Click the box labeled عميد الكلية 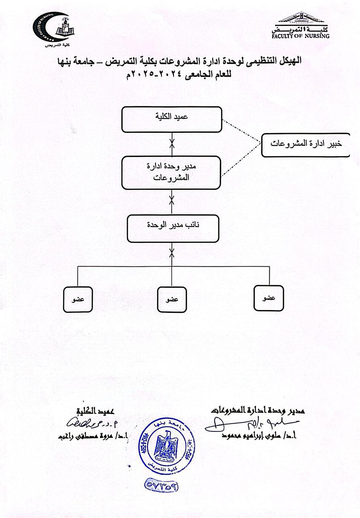[172, 119]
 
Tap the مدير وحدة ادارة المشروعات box [172, 173]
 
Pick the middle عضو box [172, 300]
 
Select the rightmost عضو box [269, 298]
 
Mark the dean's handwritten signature [85, 423]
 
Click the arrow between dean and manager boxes [172, 144]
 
